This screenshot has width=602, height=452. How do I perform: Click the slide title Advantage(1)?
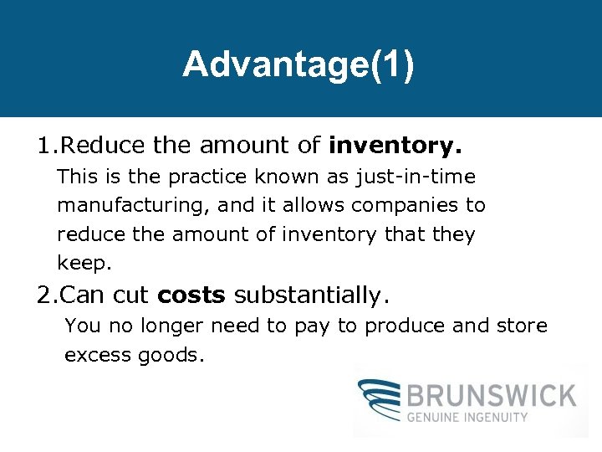click(298, 64)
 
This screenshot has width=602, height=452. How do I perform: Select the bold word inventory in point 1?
click(395, 146)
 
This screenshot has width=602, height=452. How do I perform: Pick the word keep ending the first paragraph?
click(83, 263)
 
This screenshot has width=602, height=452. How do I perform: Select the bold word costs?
click(191, 295)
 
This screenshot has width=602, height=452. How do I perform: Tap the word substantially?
click(311, 295)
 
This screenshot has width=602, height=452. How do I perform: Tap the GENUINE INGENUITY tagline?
click(467, 416)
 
